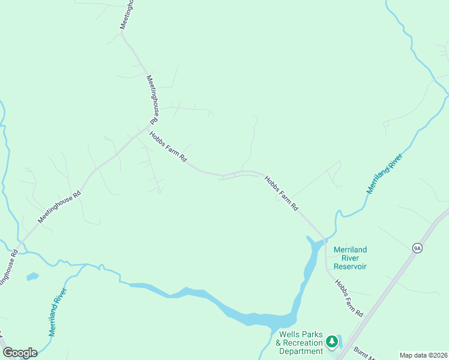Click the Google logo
pyautogui.click(x=20, y=353)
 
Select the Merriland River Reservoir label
pyautogui.click(x=351, y=258)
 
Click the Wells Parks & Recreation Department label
pyautogui.click(x=300, y=343)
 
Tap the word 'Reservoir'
pyautogui.click(x=351, y=266)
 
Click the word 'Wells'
pyautogui.click(x=291, y=334)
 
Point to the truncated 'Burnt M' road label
pyautogui.click(x=363, y=354)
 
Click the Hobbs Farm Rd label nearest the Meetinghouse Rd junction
pyautogui.click(x=169, y=148)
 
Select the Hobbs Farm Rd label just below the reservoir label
pyautogui.click(x=349, y=298)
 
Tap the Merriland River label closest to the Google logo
pyautogui.click(x=58, y=311)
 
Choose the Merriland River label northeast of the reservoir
pyautogui.click(x=385, y=172)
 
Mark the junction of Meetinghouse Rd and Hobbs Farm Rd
pyautogui.click(x=148, y=127)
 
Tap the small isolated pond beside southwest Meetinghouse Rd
pyautogui.click(x=32, y=277)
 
